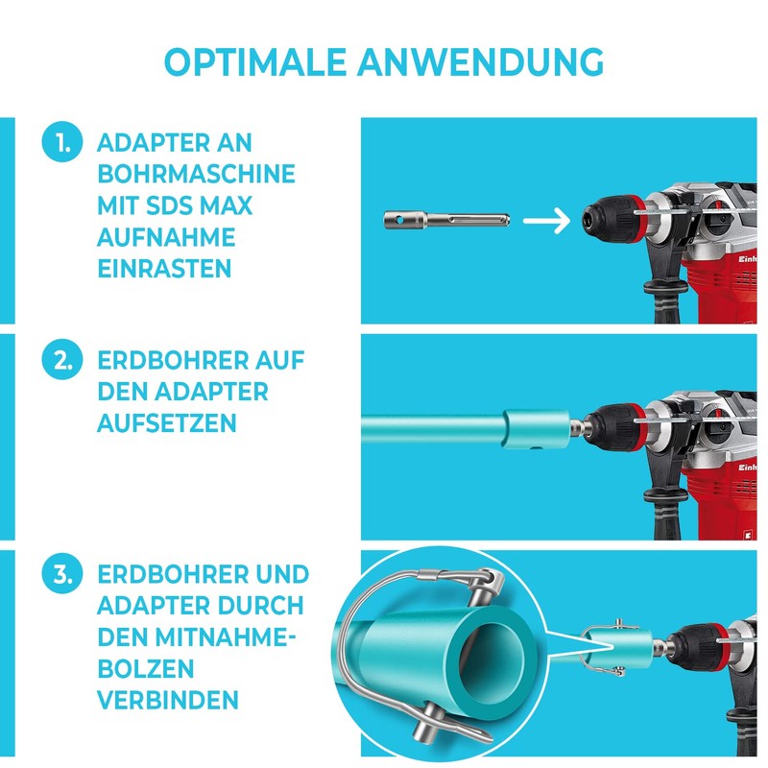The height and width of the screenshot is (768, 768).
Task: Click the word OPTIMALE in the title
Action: (254, 60)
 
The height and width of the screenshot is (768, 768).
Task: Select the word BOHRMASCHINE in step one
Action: (196, 176)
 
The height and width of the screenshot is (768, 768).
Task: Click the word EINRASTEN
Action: (164, 268)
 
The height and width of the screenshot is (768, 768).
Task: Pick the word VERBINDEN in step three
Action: (167, 699)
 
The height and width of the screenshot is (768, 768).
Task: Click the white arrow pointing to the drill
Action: (551, 221)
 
